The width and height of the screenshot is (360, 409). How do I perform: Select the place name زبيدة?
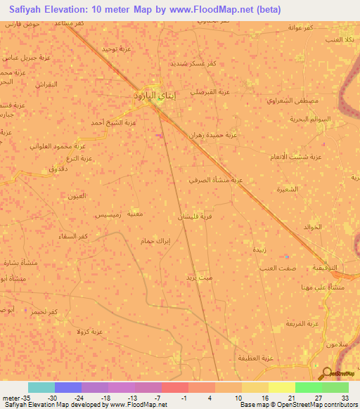pos(259,249)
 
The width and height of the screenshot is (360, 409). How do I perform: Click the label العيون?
pos(76,195)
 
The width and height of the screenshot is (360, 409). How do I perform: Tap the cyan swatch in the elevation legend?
pos(41,387)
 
